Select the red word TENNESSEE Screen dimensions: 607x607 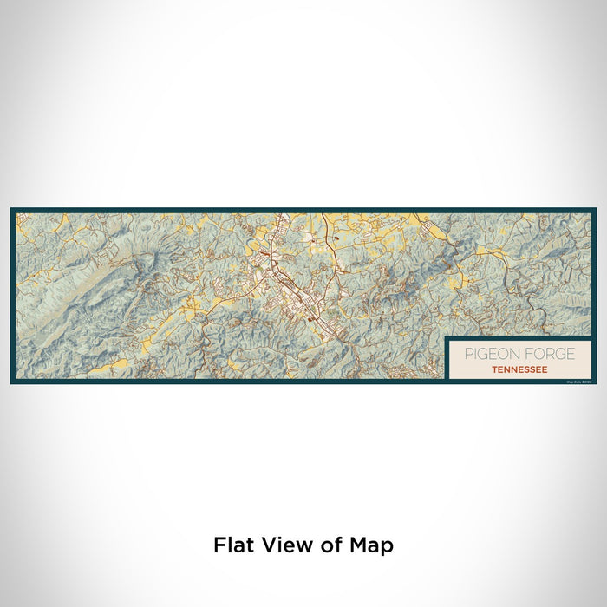[x=519, y=369]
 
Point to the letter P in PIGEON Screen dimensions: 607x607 [x=467, y=354]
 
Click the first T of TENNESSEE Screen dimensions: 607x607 [x=493, y=369]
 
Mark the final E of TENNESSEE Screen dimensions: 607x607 [x=545, y=369]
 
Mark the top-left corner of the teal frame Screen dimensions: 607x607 [x=12, y=210]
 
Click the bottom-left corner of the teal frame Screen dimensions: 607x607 [x=12, y=382]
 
